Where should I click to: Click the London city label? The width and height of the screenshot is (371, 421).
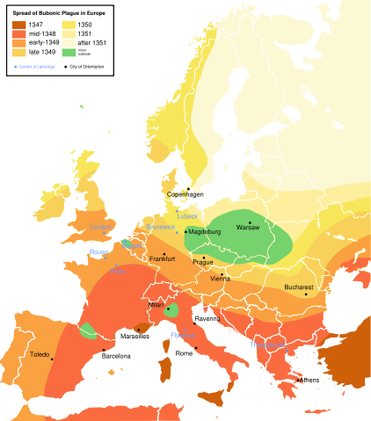pos(98,228)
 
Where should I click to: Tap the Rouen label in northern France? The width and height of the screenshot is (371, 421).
pos(98,251)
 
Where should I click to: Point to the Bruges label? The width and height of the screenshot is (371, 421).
pos(134,246)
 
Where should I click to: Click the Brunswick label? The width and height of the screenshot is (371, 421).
pos(161,227)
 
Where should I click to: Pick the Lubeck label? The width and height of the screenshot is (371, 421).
pos(187,215)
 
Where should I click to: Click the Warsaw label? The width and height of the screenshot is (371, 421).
pos(248,229)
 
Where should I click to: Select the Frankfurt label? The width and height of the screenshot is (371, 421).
pos(163,259)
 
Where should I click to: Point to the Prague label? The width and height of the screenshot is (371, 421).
pos(203,261)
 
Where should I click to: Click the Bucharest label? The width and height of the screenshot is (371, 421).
pos(299,287)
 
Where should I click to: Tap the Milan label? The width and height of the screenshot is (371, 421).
pos(156,305)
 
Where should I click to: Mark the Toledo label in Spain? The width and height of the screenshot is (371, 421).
pos(40,355)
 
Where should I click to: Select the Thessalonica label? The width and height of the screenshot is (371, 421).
pos(267,345)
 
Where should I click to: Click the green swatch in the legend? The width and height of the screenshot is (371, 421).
pos(69,53)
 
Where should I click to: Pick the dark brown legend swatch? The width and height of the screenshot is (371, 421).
pos(18,25)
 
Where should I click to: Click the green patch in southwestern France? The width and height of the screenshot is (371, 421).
pos(88,330)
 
